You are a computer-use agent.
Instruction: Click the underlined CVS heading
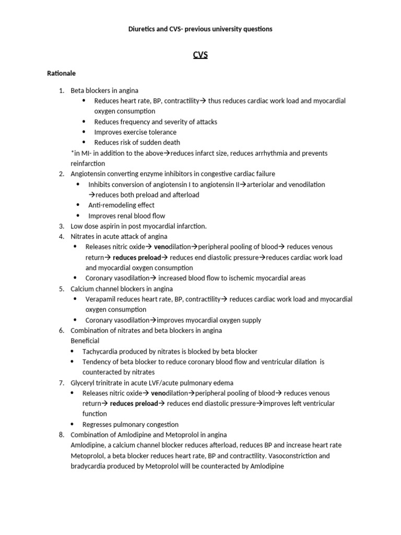tap(200, 55)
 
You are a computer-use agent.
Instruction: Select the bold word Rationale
tap(62, 74)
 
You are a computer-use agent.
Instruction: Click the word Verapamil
tap(101, 299)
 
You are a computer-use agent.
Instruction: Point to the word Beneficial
tap(85, 341)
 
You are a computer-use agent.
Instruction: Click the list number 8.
tap(61, 435)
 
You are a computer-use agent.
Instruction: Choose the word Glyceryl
tap(83, 383)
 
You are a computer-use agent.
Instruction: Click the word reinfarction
tap(88, 164)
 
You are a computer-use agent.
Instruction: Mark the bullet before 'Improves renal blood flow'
tap(78, 216)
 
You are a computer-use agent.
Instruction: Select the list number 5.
tap(61, 289)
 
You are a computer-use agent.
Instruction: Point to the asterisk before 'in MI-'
tap(72, 153)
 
